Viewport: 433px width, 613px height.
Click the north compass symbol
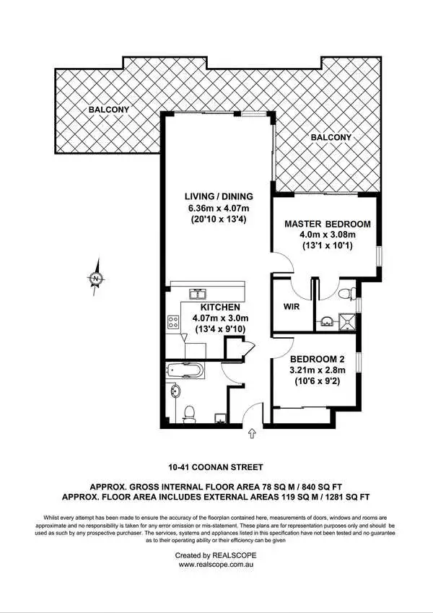96,277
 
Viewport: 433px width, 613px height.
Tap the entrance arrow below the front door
252,433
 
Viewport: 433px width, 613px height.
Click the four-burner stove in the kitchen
174,322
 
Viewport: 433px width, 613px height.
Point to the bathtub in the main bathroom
189,372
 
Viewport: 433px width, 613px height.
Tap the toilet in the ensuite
348,292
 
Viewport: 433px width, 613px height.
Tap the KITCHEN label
215,307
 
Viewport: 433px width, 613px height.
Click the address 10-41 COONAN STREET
216,467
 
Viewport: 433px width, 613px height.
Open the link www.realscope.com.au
216,566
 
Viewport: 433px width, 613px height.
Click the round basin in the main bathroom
177,392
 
